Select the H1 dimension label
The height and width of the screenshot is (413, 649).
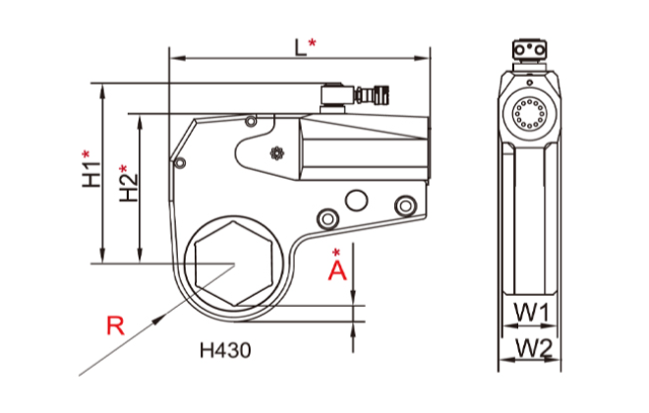tap(90, 169)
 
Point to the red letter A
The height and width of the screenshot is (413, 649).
tap(337, 267)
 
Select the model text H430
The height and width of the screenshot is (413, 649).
tap(225, 349)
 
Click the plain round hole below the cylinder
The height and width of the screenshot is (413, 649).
tap(354, 201)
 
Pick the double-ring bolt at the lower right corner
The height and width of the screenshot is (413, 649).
tap(401, 205)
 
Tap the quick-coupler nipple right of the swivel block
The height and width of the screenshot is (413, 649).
tap(371, 96)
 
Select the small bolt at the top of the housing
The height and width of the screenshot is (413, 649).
tap(252, 121)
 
